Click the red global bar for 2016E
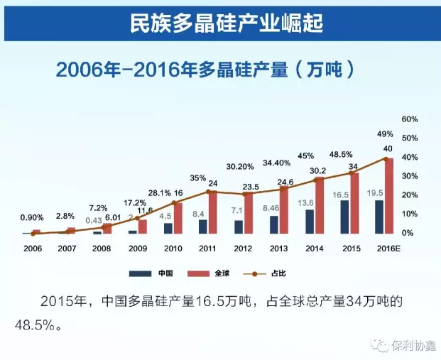[388, 195]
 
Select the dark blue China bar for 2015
[344, 217]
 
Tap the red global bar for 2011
[212, 212]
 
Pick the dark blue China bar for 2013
[274, 224]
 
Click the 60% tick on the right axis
[410, 119]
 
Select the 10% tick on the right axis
[410, 214]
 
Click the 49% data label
[385, 134]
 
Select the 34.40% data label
[276, 163]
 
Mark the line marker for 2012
[246, 194]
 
